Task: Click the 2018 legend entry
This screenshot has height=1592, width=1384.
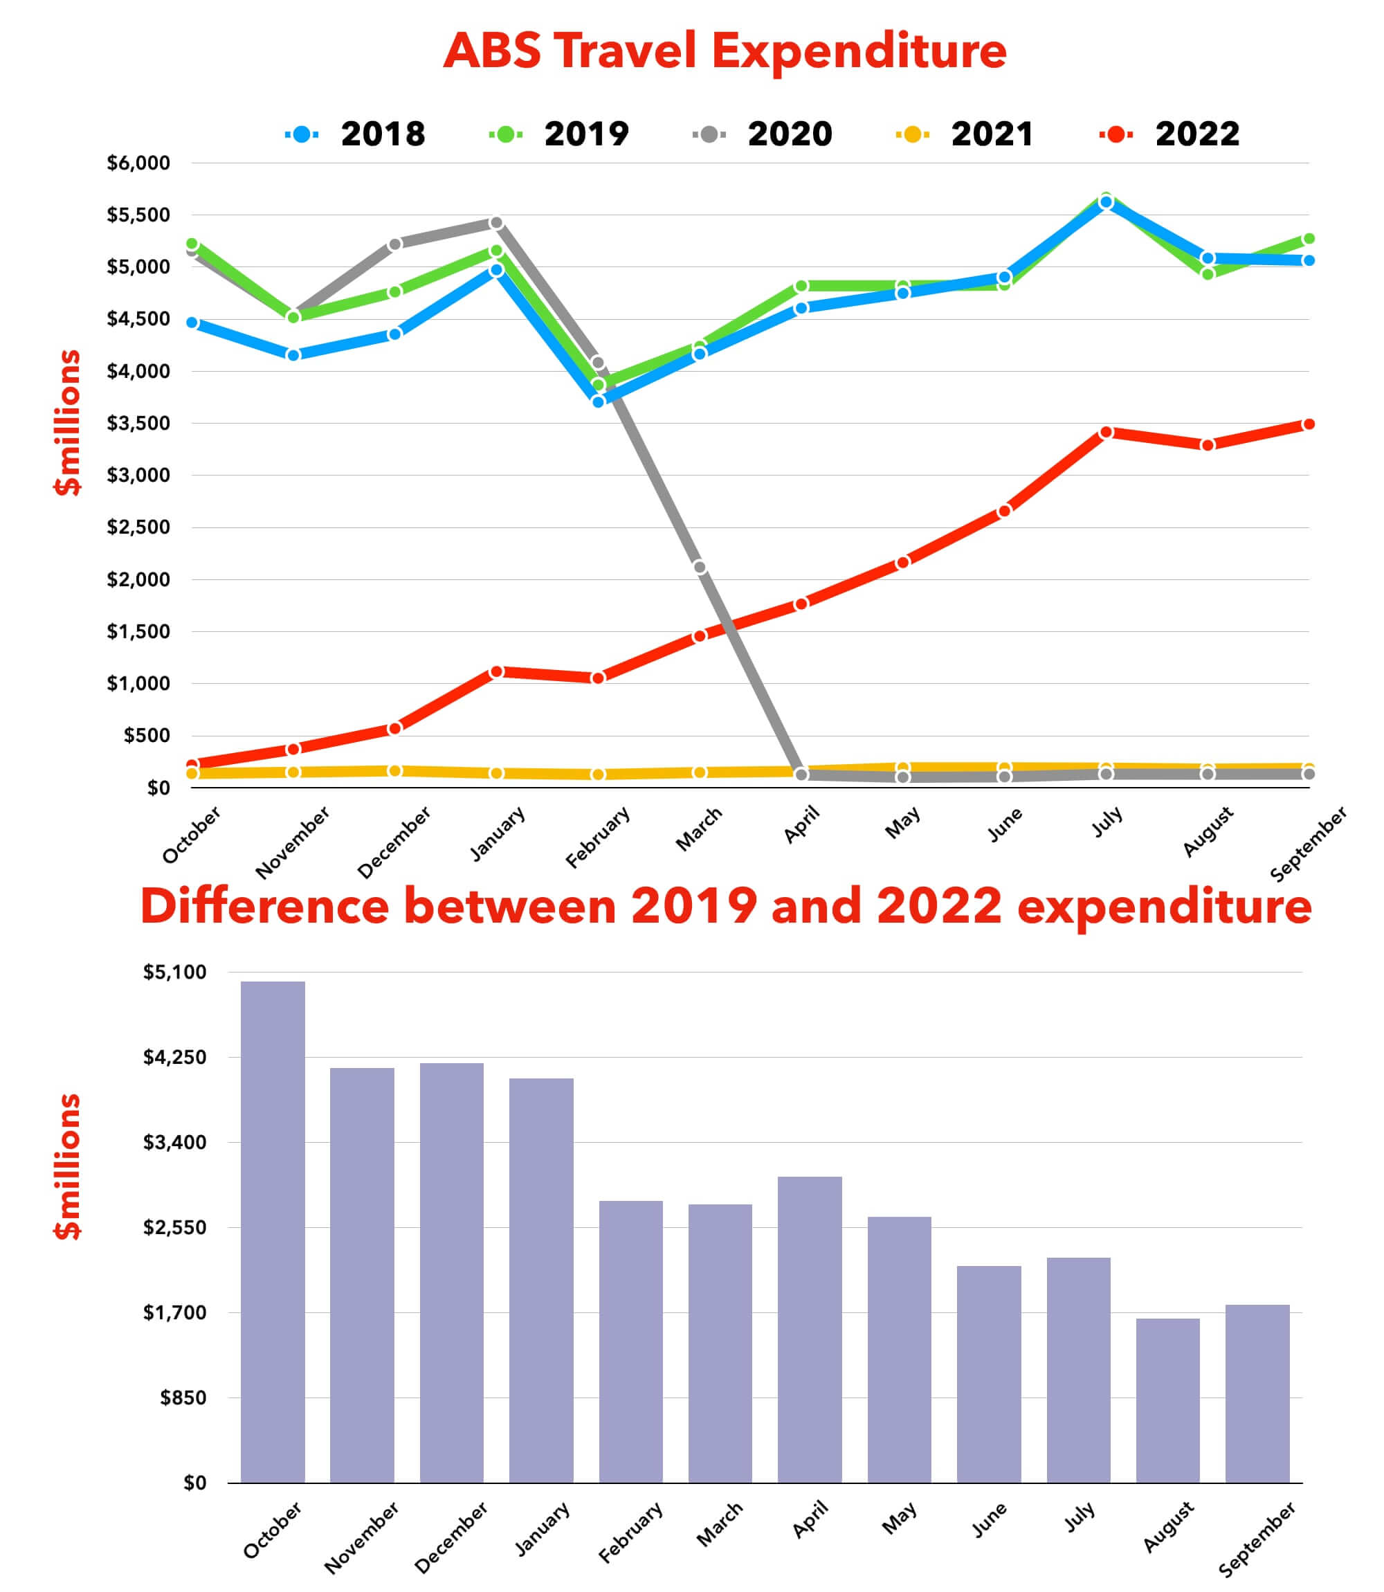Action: pos(357,134)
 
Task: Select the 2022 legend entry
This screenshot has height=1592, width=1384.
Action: pos(1171,134)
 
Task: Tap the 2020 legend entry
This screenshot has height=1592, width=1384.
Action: pos(764,134)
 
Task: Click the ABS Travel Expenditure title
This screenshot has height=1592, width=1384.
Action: pos(725,51)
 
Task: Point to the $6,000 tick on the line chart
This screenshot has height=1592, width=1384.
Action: pos(138,163)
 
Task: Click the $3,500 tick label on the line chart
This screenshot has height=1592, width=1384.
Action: pos(138,424)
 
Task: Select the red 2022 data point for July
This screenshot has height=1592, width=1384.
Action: pos(1106,433)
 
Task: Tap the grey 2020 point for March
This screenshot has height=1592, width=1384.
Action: pos(700,567)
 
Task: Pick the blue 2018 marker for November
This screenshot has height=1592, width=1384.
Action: pos(293,354)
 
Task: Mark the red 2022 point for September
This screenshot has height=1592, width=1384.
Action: pos(1309,424)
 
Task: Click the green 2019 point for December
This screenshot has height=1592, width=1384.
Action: pos(394,292)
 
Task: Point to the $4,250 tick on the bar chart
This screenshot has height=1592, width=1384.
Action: pos(174,1058)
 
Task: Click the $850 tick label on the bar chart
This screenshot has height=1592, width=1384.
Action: pos(183,1398)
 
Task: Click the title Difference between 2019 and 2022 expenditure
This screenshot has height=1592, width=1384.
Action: pos(725,906)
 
